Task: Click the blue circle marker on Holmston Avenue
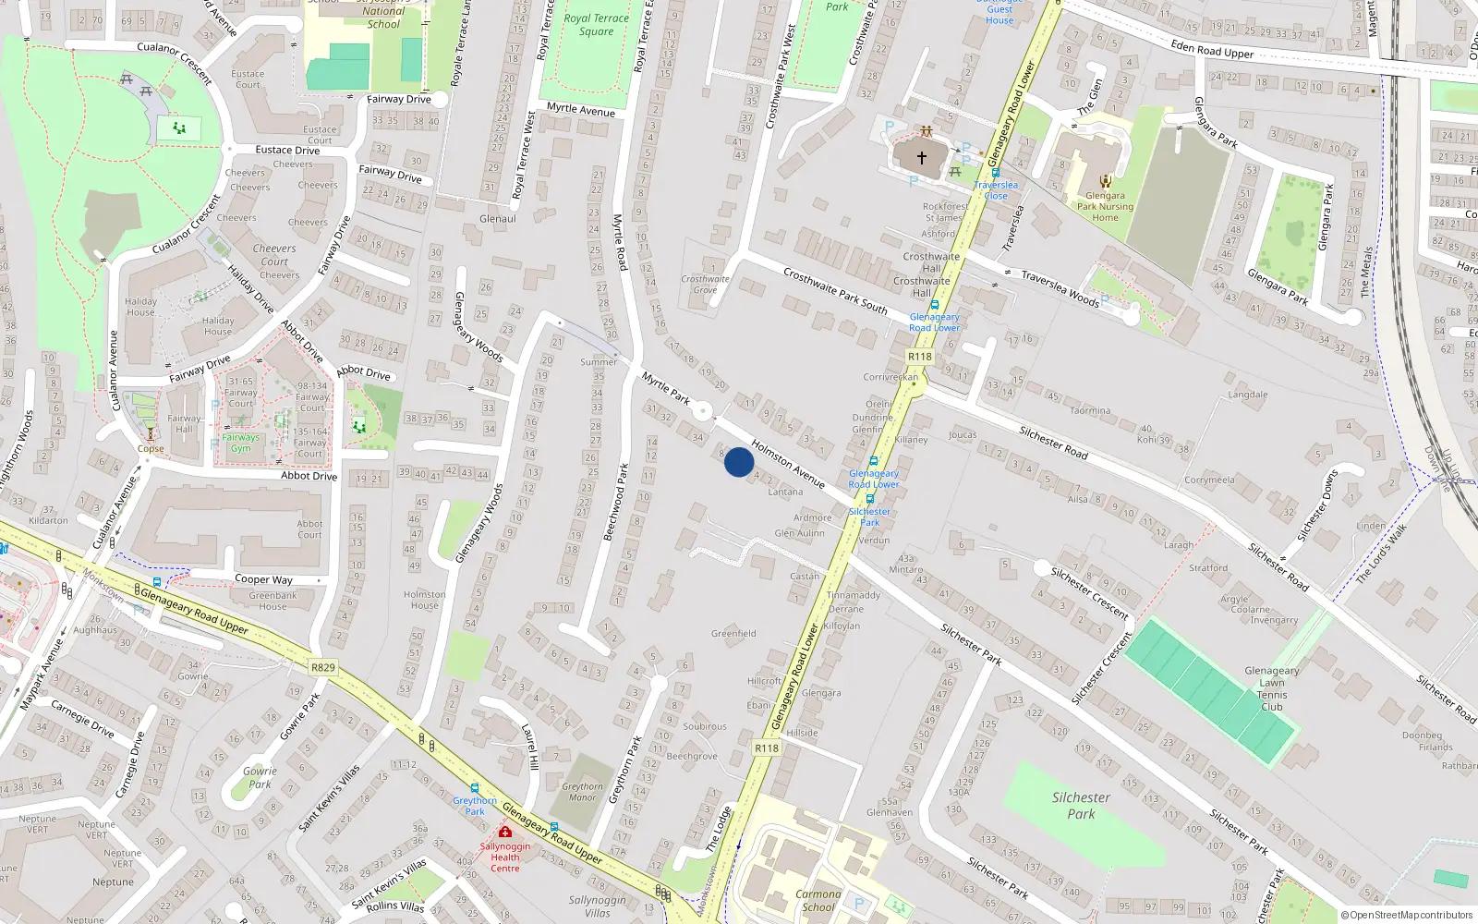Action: pyautogui.click(x=739, y=462)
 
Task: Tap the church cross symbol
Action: pyautogui.click(x=921, y=158)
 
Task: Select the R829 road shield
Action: pyautogui.click(x=323, y=667)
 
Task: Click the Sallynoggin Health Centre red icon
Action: pyautogui.click(x=505, y=832)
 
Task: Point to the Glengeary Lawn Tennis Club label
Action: pyautogui.click(x=1272, y=688)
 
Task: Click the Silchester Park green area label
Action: pyautogui.click(x=1081, y=805)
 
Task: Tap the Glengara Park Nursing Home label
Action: pyautogui.click(x=1105, y=206)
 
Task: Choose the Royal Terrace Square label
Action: pyautogui.click(x=596, y=24)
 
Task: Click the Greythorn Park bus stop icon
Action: pyautogui.click(x=475, y=788)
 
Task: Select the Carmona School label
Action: pyautogui.click(x=818, y=900)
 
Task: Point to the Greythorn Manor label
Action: pyautogui.click(x=582, y=792)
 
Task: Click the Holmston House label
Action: pyautogui.click(x=425, y=600)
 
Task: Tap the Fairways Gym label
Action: pyautogui.click(x=240, y=443)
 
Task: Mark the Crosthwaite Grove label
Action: pyautogui.click(x=705, y=284)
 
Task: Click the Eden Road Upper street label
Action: pyautogui.click(x=1212, y=49)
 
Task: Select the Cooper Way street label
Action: pyautogui.click(x=263, y=579)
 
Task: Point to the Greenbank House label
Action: pyautogui.click(x=273, y=601)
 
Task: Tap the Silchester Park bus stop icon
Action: pyautogui.click(x=869, y=499)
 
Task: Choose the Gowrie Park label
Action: pyautogui.click(x=260, y=777)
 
